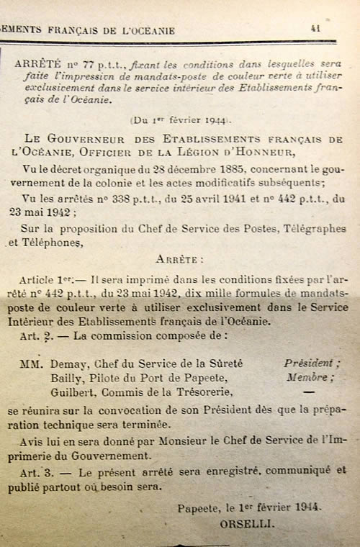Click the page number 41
pos(315,28)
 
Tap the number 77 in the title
pos(81,63)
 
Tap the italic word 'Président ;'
pos(309,363)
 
